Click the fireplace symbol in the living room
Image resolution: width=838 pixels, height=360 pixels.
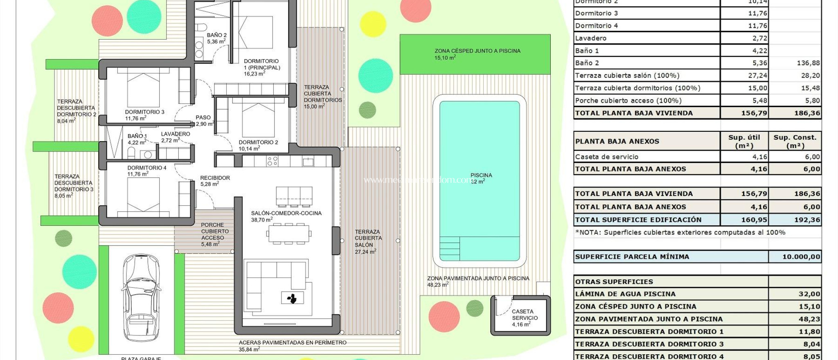click(x=292, y=298)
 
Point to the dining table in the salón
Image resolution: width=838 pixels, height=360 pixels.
click(x=289, y=234)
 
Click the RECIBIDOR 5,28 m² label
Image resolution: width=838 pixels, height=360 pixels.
click(x=214, y=181)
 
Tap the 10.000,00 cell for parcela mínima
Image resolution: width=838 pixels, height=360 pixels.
click(x=801, y=257)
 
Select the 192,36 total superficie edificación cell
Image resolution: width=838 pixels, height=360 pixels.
click(x=806, y=220)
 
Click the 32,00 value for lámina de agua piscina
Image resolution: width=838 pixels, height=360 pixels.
click(x=809, y=294)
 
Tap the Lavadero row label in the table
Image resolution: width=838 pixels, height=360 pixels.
click(x=590, y=38)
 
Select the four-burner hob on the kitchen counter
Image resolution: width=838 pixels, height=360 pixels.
click(x=273, y=161)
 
